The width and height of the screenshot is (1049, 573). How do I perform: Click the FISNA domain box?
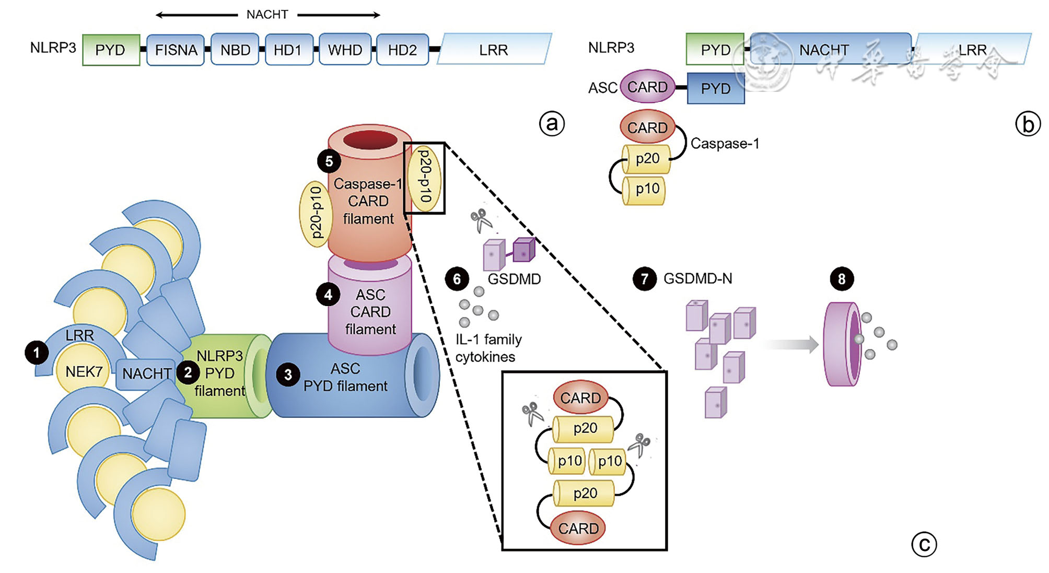pyautogui.click(x=176, y=50)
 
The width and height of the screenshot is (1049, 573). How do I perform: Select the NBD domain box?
pyautogui.click(x=235, y=50)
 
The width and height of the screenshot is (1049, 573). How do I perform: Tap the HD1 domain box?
pyautogui.click(x=289, y=50)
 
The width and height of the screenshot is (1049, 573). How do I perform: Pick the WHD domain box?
pyautogui.click(x=345, y=50)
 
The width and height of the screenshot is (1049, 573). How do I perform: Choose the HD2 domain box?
pyautogui.click(x=402, y=50)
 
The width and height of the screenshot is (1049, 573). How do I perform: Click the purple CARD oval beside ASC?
pyautogui.click(x=647, y=87)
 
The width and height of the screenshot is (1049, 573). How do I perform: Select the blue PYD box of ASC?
pyautogui.click(x=715, y=89)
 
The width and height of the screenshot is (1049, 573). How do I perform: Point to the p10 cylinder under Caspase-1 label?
pyautogui.click(x=645, y=190)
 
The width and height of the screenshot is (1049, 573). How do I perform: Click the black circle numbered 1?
pyautogui.click(x=37, y=353)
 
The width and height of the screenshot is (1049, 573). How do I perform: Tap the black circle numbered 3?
pyautogui.click(x=288, y=375)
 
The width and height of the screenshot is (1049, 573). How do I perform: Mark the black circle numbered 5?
pyautogui.click(x=329, y=161)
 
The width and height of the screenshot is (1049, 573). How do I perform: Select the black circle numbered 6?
pyautogui.click(x=457, y=279)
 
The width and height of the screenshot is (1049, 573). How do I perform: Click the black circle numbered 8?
pyautogui.click(x=842, y=279)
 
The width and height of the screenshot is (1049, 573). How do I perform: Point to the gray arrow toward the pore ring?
pyautogui.click(x=791, y=344)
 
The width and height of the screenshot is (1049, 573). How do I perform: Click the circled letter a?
pyautogui.click(x=552, y=124)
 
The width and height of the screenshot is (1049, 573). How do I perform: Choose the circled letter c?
pyautogui.click(x=924, y=544)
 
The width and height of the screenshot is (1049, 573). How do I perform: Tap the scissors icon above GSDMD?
pyautogui.click(x=481, y=220)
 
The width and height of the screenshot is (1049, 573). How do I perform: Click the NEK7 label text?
pyautogui.click(x=84, y=371)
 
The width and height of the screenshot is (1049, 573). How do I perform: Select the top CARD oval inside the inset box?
pyautogui.click(x=580, y=397)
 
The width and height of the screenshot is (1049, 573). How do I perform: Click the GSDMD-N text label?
pyautogui.click(x=697, y=279)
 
